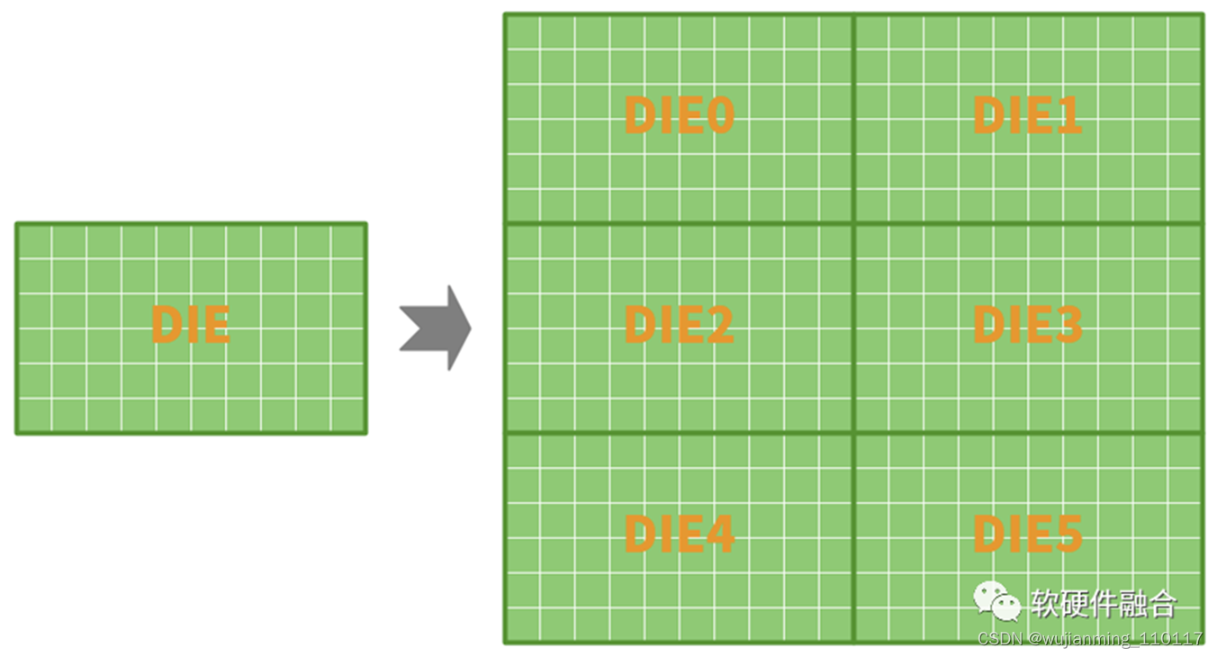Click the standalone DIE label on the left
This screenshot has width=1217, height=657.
click(191, 325)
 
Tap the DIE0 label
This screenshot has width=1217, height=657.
click(680, 115)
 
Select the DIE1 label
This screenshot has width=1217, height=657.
click(1027, 115)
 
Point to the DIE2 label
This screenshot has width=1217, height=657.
click(680, 325)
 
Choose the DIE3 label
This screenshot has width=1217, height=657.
click(1027, 325)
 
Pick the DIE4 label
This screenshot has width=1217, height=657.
click(680, 535)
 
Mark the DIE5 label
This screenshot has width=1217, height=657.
click(1027, 535)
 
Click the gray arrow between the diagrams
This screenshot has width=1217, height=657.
click(436, 328)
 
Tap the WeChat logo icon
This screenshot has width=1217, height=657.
click(996, 601)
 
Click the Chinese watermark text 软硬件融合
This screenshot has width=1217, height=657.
click(1104, 603)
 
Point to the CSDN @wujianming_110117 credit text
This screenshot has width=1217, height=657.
click(1090, 638)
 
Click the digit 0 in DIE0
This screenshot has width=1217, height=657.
click(718, 115)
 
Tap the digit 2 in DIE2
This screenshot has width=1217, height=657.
click(718, 325)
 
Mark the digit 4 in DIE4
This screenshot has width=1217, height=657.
click(718, 535)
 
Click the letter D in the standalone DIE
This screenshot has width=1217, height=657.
click(167, 325)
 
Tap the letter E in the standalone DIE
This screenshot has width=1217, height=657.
click(216, 325)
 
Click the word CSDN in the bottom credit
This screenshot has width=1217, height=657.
click(996, 638)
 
